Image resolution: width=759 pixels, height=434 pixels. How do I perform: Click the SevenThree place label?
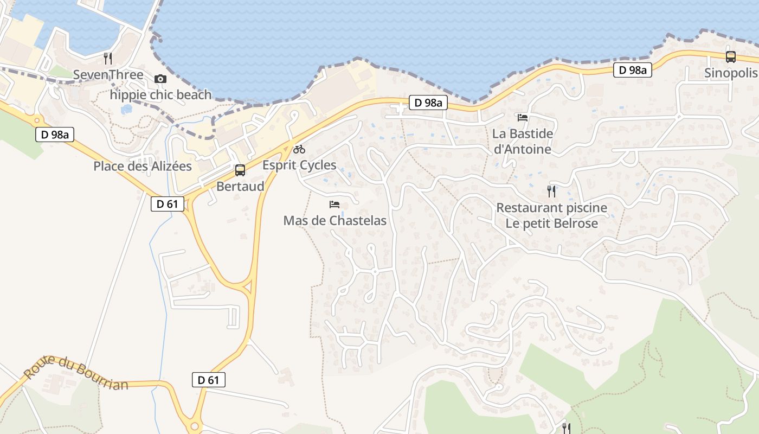108,75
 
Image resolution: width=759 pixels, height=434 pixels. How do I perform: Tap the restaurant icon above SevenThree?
108,58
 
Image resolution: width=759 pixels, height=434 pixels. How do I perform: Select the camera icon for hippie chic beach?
160,79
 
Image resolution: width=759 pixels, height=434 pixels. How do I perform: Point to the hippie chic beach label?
160,95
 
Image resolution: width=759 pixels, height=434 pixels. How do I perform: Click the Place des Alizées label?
143,166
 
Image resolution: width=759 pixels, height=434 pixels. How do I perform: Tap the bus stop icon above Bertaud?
240,170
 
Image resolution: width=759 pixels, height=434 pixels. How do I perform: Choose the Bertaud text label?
240,187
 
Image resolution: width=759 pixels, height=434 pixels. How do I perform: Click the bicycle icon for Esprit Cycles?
299,149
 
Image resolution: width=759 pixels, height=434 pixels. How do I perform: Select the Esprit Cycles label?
299,165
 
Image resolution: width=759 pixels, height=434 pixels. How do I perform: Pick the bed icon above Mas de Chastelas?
335,205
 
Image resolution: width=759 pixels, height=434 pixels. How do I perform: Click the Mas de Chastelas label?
335,221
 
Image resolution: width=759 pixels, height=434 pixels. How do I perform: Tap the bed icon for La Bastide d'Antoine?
523,117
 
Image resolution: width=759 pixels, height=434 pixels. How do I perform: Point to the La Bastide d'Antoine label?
523,141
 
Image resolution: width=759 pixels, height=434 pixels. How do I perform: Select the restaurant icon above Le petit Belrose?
551,191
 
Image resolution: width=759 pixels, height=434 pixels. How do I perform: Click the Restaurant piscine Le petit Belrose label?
551,215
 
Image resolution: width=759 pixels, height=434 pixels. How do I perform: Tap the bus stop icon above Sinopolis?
731,56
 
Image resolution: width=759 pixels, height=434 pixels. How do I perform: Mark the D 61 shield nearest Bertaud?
168,204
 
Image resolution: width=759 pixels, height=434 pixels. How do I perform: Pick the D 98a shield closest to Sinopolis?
633,70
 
